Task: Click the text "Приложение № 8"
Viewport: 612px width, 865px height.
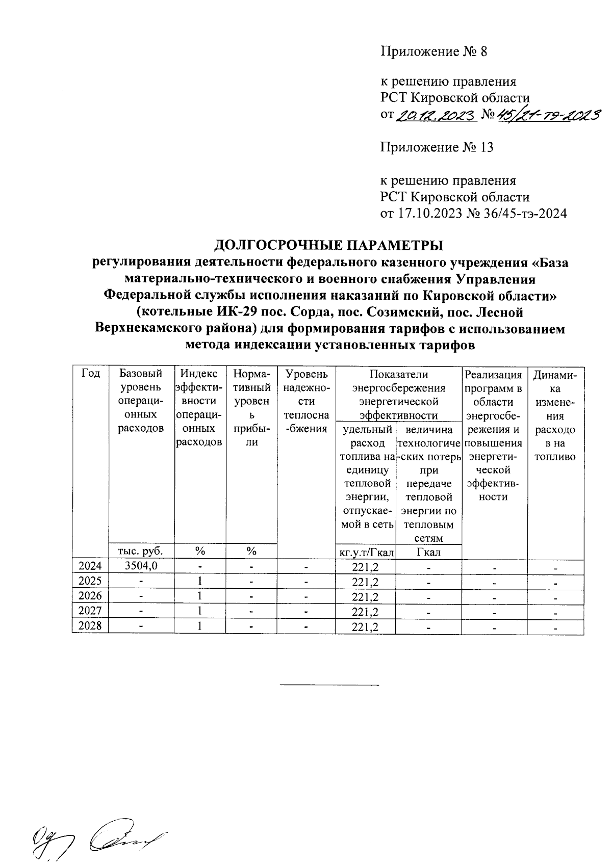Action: coord(434,51)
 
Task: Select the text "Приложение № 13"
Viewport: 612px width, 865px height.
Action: coord(437,148)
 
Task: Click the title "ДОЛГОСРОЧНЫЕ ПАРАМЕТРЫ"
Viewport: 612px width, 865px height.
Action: coord(328,245)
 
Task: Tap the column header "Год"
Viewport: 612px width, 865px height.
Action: coord(90,374)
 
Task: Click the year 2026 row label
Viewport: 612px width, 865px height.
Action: coord(90,596)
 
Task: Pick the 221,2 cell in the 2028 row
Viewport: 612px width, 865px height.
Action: coord(365,626)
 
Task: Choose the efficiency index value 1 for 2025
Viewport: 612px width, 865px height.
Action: coord(200,581)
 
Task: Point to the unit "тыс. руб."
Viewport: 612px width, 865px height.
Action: coord(141,552)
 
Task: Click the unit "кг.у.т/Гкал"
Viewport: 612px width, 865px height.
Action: coord(365,552)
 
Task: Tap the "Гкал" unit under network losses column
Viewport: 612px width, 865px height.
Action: coord(429,552)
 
